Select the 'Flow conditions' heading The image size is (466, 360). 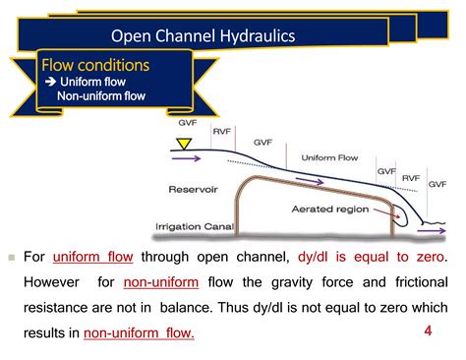click(x=95, y=65)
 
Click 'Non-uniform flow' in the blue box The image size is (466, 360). click(x=100, y=96)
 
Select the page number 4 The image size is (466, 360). click(x=428, y=330)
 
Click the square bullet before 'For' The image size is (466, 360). click(x=13, y=258)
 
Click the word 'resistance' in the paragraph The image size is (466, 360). click(x=61, y=308)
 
